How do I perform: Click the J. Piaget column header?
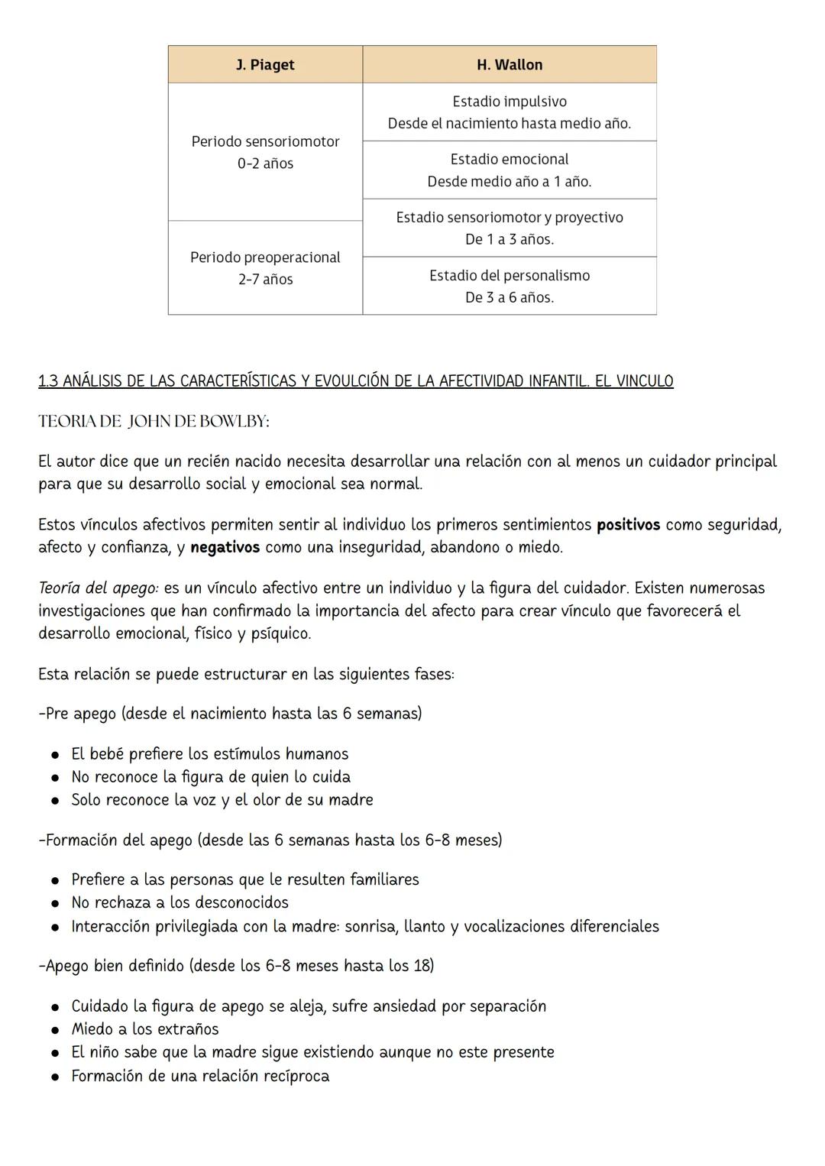pos(265,65)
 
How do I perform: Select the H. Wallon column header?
pos(509,65)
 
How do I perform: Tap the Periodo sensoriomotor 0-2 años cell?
pos(265,152)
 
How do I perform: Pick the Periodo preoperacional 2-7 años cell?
pos(265,268)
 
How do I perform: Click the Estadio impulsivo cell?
pos(509,112)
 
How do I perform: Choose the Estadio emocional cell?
pos(509,170)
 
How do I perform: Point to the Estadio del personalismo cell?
pos(509,287)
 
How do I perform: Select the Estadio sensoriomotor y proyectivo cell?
pos(509,228)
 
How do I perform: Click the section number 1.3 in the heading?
pos(47,381)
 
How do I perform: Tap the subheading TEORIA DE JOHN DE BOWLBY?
pos(154,422)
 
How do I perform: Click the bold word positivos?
pos(628,525)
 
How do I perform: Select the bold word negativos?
pos(225,548)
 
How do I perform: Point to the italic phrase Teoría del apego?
pos(98,588)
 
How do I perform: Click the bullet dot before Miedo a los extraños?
pos(56,1030)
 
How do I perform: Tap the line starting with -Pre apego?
pos(229,714)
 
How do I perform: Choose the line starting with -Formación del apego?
pos(270,840)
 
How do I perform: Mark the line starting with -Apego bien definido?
pos(235,966)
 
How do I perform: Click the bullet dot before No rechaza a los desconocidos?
pos(56,904)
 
